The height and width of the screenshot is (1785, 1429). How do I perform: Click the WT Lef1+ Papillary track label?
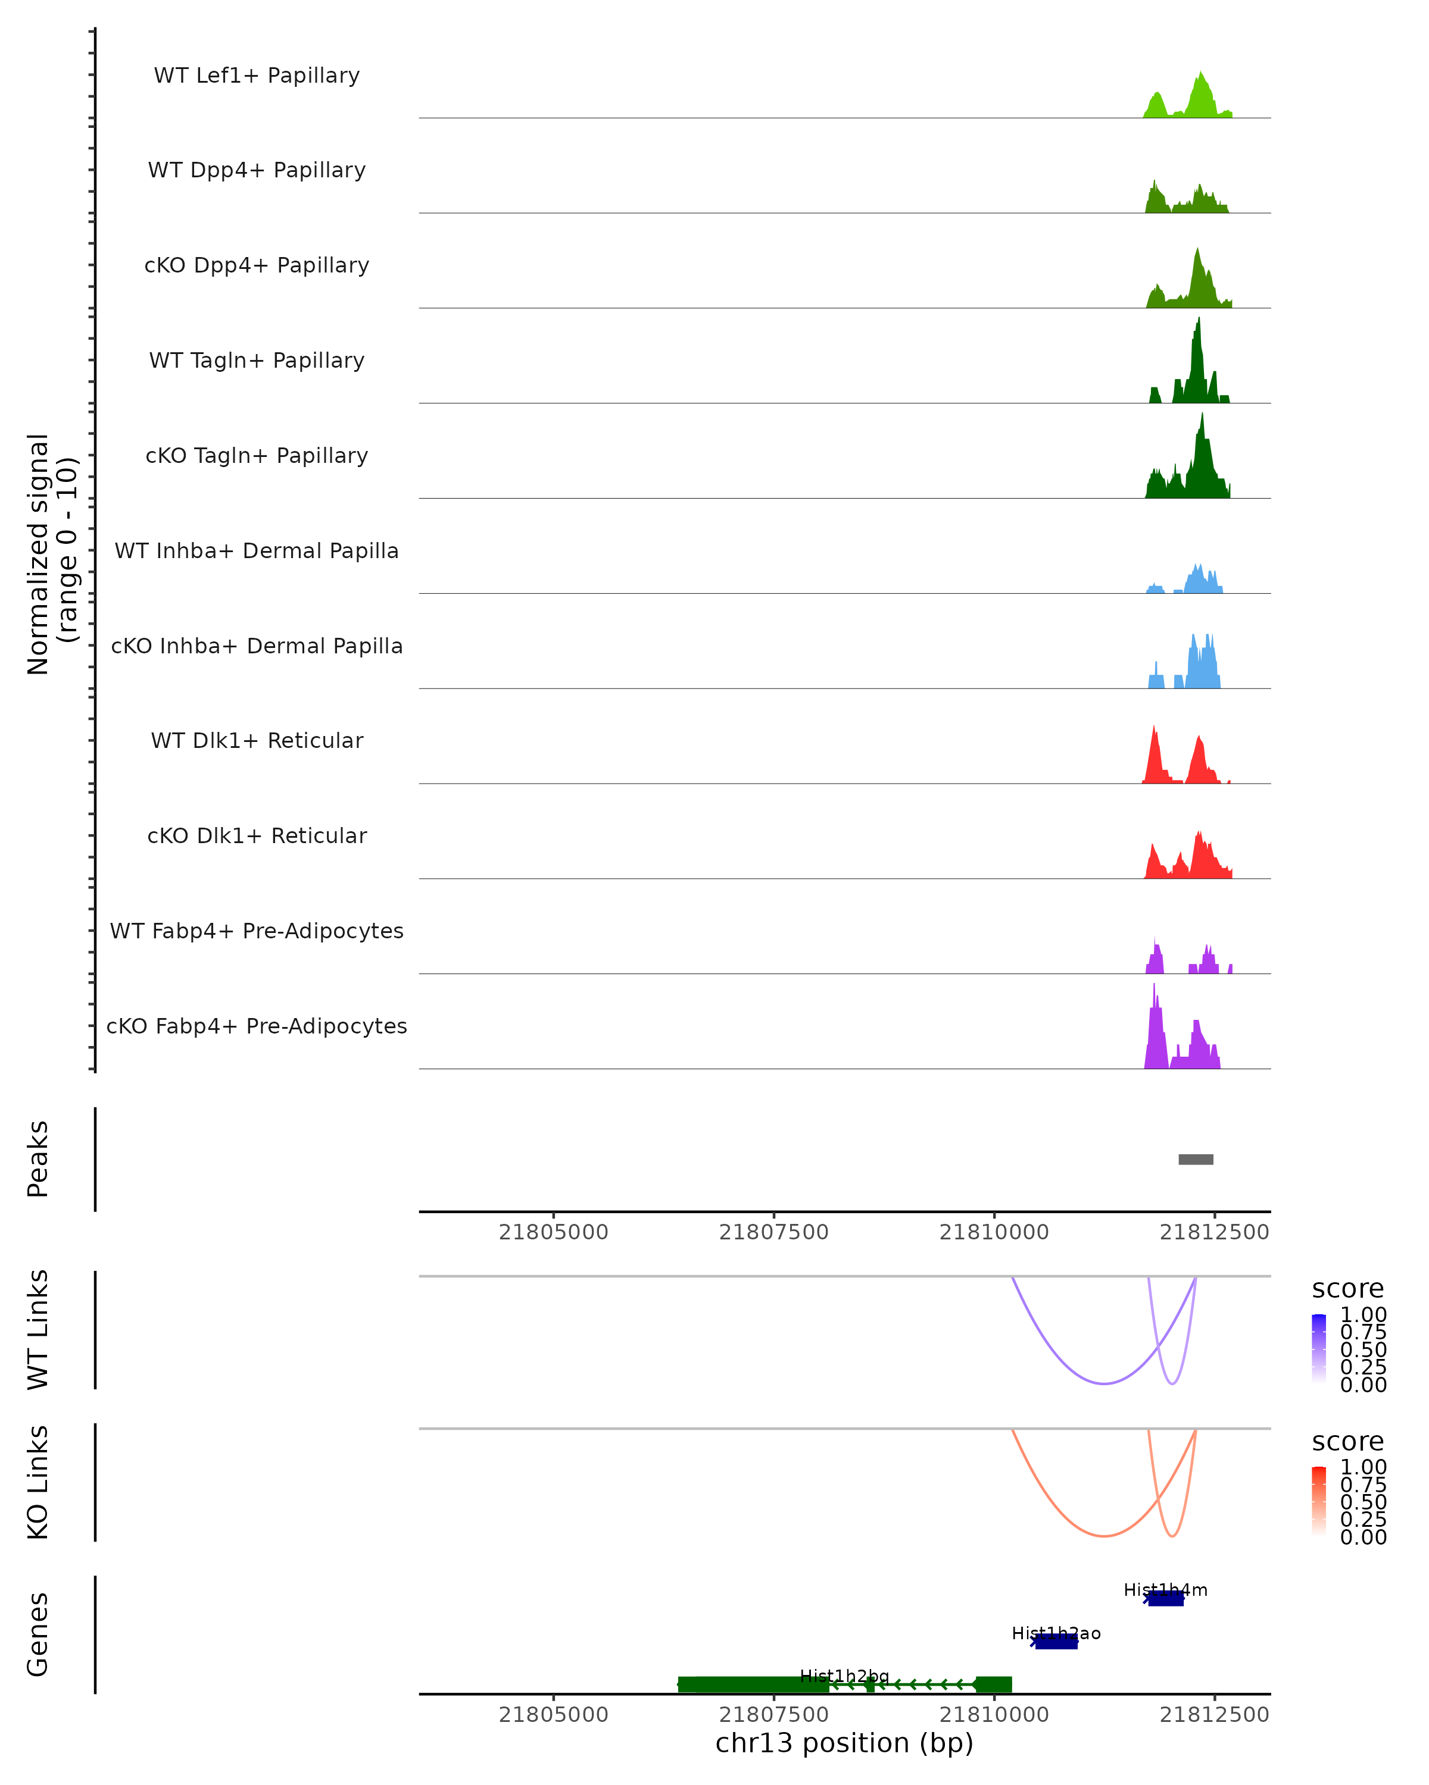pyautogui.click(x=257, y=76)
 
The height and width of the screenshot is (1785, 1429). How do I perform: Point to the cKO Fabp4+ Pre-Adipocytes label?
pyautogui.click(x=257, y=1026)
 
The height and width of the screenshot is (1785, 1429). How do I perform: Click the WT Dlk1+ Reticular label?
pyautogui.click(x=257, y=740)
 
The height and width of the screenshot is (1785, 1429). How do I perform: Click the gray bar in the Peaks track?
pyautogui.click(x=1196, y=1159)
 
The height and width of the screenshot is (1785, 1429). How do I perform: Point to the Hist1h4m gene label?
pyautogui.click(x=1165, y=1590)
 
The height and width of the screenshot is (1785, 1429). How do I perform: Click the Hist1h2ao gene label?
pyautogui.click(x=1056, y=1633)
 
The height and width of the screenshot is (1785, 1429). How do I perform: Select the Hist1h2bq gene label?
pyautogui.click(x=844, y=1677)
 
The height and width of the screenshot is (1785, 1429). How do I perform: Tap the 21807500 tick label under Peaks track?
pyautogui.click(x=773, y=1232)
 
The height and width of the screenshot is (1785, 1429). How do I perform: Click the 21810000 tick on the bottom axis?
pyautogui.click(x=994, y=1715)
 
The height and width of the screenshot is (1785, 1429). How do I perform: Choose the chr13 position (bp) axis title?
pyautogui.click(x=844, y=1743)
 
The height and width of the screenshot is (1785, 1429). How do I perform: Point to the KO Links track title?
pyautogui.click(x=38, y=1482)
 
